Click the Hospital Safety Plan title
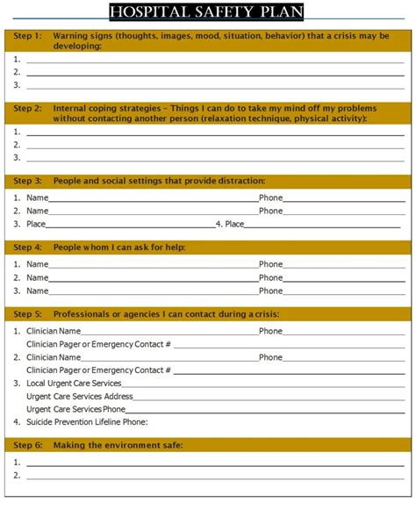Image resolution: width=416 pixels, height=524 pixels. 207,12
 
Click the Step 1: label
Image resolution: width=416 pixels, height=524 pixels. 27,36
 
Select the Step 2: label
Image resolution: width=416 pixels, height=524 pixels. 27,108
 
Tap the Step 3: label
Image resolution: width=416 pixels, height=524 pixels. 27,181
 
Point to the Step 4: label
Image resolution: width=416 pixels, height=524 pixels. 27,248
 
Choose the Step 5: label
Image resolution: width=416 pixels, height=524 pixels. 27,314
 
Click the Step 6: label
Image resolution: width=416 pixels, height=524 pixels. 27,446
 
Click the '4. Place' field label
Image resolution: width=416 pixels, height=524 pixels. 230,225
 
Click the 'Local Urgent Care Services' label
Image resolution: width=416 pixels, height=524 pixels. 74,384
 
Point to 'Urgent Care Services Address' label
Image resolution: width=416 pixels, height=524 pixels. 79,397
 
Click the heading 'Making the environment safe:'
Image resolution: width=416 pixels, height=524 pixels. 118,446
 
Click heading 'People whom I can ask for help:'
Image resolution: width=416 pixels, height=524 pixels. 119,248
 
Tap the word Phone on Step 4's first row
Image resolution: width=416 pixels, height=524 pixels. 270,264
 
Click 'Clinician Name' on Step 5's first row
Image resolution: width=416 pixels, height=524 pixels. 54,332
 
